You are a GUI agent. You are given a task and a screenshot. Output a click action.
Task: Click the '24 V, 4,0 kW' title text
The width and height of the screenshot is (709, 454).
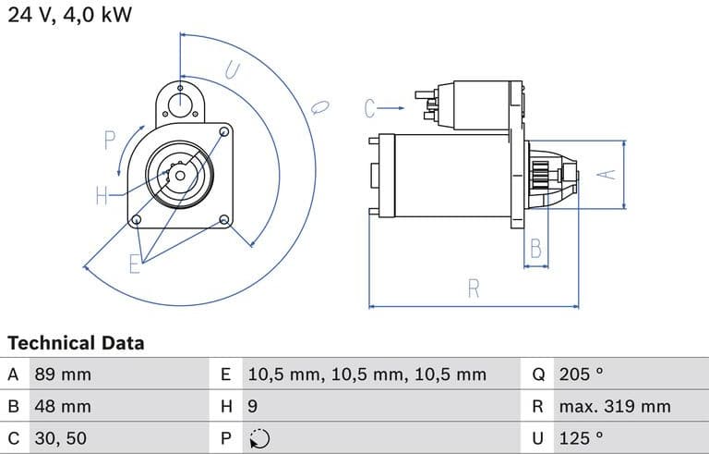pyautogui.click(x=69, y=15)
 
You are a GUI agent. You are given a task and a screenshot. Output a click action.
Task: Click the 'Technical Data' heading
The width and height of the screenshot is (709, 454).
pyautogui.click(x=76, y=343)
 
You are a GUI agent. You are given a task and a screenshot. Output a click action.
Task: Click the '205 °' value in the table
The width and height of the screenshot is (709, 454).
pyautogui.click(x=581, y=374)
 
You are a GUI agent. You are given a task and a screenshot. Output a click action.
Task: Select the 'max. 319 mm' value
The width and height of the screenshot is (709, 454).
pyautogui.click(x=615, y=407)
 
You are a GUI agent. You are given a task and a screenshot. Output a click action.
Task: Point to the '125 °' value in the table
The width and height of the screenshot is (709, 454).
pyautogui.click(x=581, y=438)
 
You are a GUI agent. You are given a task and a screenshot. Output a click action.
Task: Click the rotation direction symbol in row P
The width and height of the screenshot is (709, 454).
pyautogui.click(x=259, y=438)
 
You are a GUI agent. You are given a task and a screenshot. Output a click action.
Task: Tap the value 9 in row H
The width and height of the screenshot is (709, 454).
pyautogui.click(x=253, y=407)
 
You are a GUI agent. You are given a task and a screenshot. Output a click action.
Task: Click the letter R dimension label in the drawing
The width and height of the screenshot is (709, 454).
pyautogui.click(x=474, y=288)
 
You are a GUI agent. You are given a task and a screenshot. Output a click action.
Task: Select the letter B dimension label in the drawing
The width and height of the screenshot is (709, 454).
pyautogui.click(x=535, y=249)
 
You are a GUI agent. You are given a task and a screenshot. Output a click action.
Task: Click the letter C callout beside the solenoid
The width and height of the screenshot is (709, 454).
pyautogui.click(x=369, y=108)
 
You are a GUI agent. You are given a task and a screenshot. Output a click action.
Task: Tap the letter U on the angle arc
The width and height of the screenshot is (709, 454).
pyautogui.click(x=232, y=70)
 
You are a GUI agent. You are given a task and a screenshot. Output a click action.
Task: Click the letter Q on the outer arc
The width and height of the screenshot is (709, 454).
pyautogui.click(x=319, y=107)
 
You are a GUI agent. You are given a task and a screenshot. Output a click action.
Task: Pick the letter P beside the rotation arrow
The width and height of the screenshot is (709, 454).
pyautogui.click(x=110, y=141)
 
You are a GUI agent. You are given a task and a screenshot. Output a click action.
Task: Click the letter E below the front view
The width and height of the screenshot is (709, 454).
pyautogui.click(x=134, y=264)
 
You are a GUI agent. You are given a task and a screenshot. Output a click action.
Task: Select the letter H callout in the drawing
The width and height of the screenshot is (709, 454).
pyautogui.click(x=102, y=196)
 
